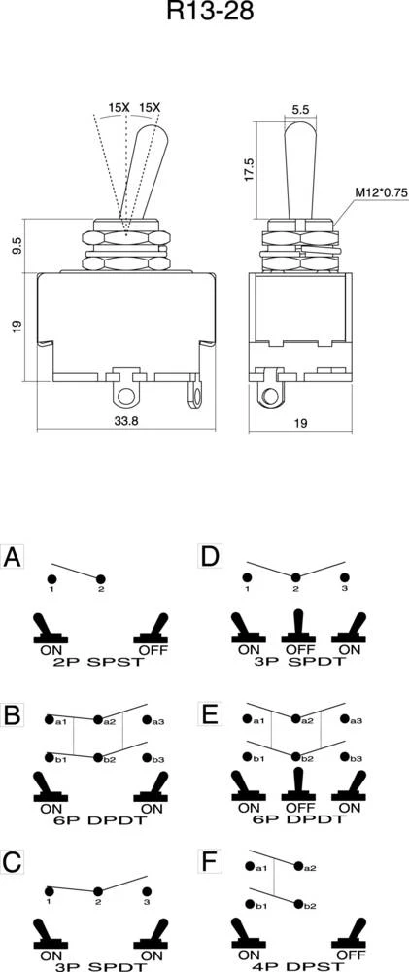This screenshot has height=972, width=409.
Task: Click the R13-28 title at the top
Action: click(x=210, y=11)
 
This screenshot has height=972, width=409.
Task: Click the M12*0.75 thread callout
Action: click(x=382, y=192)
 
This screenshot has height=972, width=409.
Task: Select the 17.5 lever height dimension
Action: click(x=249, y=169)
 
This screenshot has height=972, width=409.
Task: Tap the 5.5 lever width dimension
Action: click(x=299, y=109)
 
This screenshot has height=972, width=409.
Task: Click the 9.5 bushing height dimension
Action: click(x=17, y=246)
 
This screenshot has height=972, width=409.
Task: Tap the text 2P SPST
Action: click(x=101, y=662)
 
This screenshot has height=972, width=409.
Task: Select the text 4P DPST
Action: click(x=298, y=967)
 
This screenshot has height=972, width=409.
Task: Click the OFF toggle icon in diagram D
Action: click(x=298, y=626)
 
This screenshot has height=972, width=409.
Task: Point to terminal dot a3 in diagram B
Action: click(x=147, y=720)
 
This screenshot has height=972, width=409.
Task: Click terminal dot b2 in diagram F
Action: click(x=298, y=905)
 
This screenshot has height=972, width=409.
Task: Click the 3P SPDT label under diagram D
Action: click(x=298, y=662)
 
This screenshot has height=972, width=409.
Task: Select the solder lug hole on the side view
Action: click(x=271, y=397)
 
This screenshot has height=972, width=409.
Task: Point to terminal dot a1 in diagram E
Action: click(x=248, y=720)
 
